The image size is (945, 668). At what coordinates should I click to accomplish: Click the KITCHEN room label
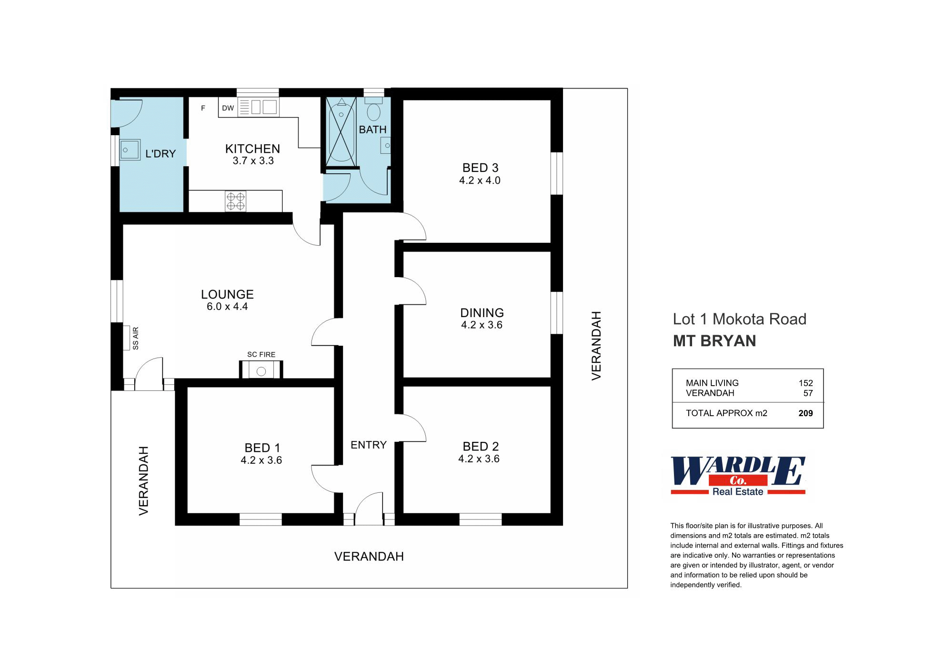tap(252, 149)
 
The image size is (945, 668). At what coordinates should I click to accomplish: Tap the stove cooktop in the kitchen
tap(235, 201)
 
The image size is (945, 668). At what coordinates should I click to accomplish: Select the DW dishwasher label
tap(228, 108)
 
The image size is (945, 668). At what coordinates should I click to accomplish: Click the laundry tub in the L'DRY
tap(130, 150)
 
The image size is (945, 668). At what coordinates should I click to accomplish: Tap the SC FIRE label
tap(261, 354)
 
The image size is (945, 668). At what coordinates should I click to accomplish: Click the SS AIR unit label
tap(136, 338)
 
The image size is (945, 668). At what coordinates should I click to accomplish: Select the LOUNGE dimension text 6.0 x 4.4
tap(227, 307)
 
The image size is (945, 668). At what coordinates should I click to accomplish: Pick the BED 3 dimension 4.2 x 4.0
tap(480, 180)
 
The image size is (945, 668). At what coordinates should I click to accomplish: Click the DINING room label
tap(482, 313)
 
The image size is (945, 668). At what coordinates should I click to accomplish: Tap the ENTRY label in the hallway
tap(369, 445)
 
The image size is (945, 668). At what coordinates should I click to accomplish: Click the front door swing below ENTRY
tap(369, 509)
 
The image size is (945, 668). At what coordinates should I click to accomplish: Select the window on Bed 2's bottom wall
tap(481, 519)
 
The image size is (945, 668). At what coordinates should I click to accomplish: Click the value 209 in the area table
tap(805, 413)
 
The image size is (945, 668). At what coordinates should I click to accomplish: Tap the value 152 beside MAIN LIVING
tap(805, 383)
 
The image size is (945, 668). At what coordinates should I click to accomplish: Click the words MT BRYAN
tap(714, 341)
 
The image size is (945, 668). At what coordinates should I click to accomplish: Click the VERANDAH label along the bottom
tap(369, 556)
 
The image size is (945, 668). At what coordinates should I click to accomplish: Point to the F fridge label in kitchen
tap(203, 108)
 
